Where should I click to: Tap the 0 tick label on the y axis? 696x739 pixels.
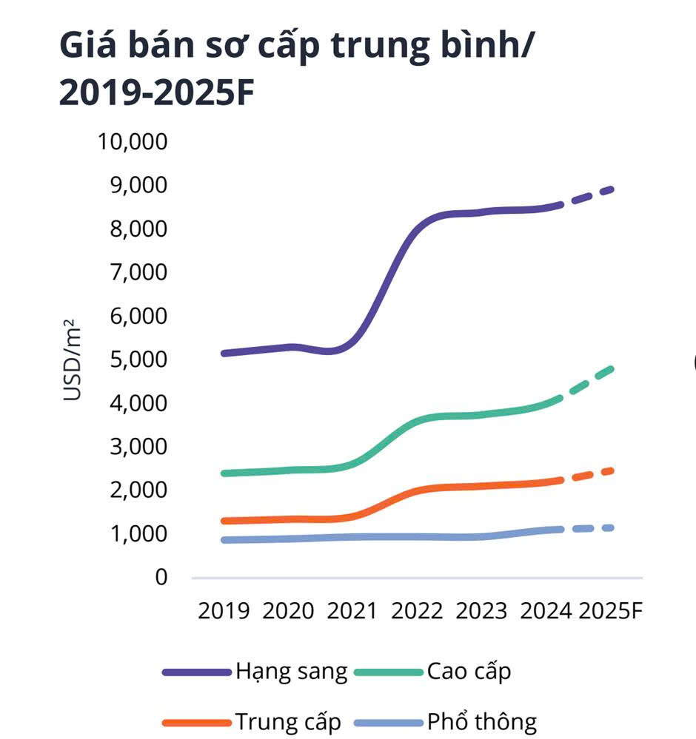161,577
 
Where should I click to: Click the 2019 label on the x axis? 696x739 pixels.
224,611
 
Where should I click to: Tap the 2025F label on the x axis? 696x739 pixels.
611,611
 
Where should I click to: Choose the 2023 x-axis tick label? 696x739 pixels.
481,611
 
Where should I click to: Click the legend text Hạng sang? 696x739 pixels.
291,672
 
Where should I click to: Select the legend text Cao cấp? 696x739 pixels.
469,672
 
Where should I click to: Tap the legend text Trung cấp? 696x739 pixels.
288,721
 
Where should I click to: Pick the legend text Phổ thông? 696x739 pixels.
481,721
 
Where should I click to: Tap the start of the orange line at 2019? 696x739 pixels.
224,521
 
